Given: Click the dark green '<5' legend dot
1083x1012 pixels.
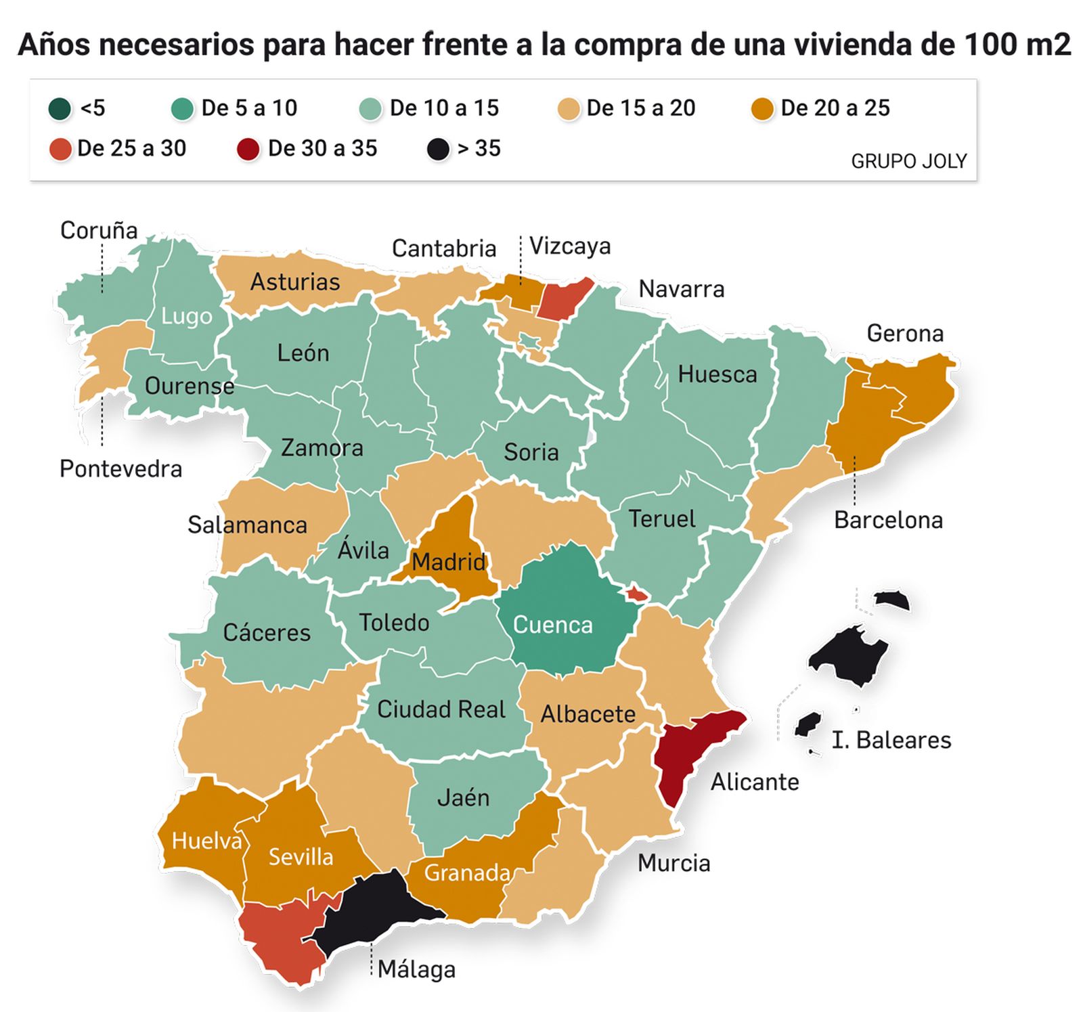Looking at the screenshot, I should point(60,108).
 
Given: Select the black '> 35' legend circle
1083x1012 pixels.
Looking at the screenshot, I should point(438,149).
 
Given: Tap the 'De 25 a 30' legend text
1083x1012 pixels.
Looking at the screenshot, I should point(131,148).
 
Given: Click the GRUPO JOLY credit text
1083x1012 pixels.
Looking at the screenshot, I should point(908,161).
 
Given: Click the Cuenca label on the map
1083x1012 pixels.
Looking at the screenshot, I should point(552,624).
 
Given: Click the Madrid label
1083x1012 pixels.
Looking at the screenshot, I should point(448,561).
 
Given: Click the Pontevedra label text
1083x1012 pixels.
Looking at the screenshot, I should point(120,468).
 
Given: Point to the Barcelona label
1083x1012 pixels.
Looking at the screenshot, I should point(887,520).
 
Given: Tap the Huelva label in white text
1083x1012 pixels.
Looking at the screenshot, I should point(206,841).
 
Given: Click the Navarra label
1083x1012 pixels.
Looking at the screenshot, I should point(681,289).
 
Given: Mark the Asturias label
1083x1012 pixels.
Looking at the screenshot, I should point(295,282).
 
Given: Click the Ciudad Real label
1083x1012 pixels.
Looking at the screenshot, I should point(441,709).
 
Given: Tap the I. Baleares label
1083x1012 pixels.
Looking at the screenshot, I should point(891,740).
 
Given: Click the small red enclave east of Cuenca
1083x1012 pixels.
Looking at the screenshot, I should point(637,594).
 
